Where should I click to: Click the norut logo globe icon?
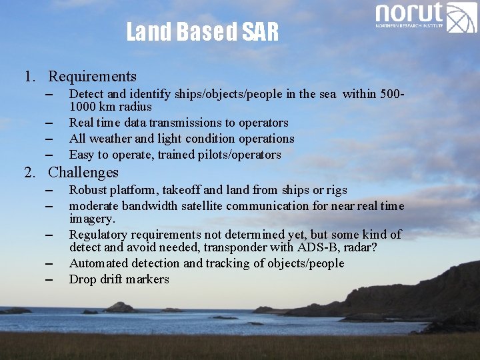pos(461,18)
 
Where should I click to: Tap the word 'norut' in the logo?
pos(409,13)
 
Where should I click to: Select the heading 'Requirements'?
pos(92,77)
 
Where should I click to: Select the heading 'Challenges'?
pos(83,173)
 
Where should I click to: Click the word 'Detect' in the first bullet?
pos(86,94)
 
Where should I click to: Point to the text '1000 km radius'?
pos(110,107)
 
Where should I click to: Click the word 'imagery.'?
pos(92,219)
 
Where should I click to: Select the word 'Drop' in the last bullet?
pos(83,279)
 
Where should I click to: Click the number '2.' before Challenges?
pos(31,173)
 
